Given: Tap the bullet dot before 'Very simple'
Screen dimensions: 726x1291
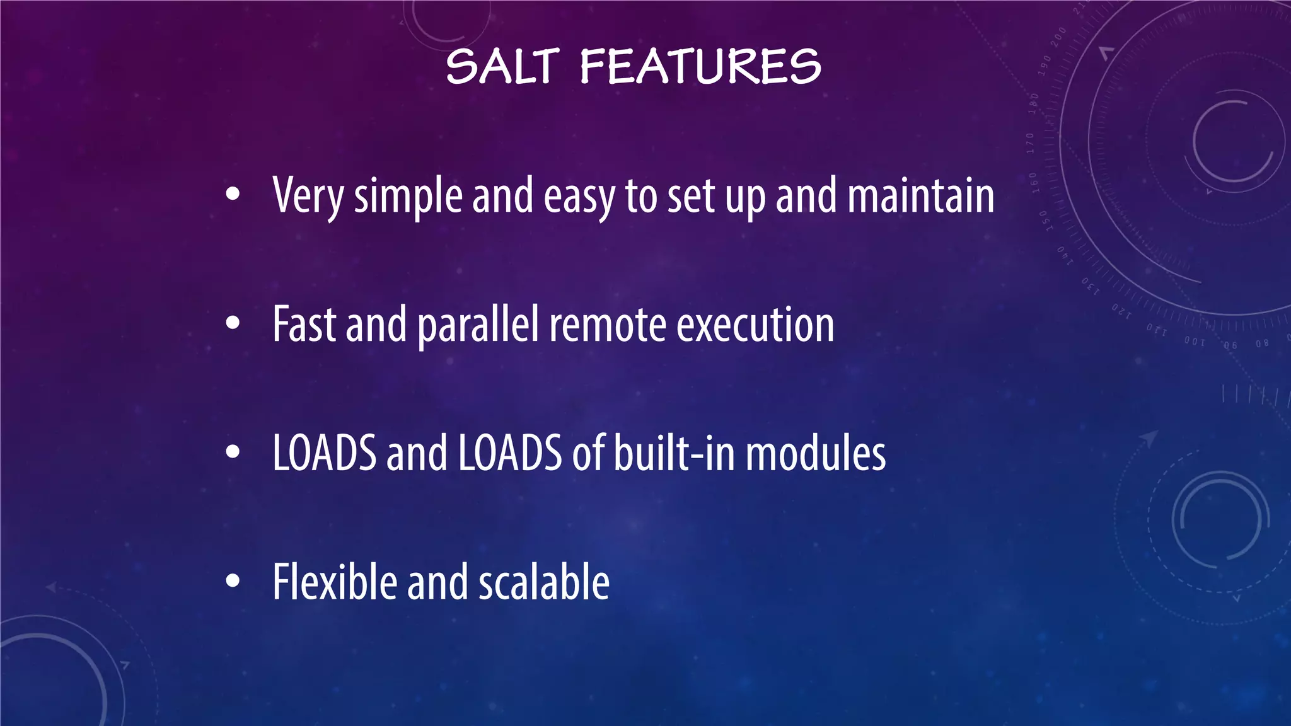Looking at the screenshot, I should coord(233,195).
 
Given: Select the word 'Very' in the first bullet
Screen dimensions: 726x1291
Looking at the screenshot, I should coord(308,196).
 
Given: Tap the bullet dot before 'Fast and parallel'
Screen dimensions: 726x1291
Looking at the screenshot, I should coord(233,323).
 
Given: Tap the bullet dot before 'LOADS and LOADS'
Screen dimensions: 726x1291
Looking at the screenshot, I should coord(233,452).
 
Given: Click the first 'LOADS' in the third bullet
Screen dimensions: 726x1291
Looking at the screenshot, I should coord(324,453).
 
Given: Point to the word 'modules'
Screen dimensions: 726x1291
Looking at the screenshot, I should coord(816,453).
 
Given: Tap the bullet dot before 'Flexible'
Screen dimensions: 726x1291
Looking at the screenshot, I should coord(233,581).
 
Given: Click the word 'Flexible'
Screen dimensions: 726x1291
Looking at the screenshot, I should coord(335,582).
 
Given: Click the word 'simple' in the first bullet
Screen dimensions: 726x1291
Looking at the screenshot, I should coord(408,197).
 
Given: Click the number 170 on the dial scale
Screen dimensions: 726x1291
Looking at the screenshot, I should coord(1030,144).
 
